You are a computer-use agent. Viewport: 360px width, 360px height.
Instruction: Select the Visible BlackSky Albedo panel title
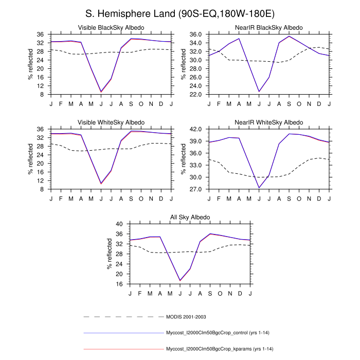click(x=111, y=27)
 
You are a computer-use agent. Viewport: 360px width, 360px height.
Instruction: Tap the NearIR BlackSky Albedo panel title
click(x=269, y=27)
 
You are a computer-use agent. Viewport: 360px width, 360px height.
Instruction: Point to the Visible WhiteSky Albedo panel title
click(x=111, y=122)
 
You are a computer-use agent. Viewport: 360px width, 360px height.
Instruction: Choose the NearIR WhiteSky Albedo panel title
click(x=269, y=122)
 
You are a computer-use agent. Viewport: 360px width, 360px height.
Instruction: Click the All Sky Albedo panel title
click(x=190, y=218)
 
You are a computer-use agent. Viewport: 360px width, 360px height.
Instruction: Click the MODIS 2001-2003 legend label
click(x=189, y=316)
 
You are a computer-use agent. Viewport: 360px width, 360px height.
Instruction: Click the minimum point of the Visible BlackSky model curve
click(x=101, y=92)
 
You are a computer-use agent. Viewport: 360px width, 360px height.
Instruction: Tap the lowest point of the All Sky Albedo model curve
click(x=180, y=280)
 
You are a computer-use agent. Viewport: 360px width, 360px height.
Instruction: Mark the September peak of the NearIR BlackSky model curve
click(x=289, y=36)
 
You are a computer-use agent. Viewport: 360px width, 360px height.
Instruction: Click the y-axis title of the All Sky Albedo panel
click(x=109, y=254)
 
